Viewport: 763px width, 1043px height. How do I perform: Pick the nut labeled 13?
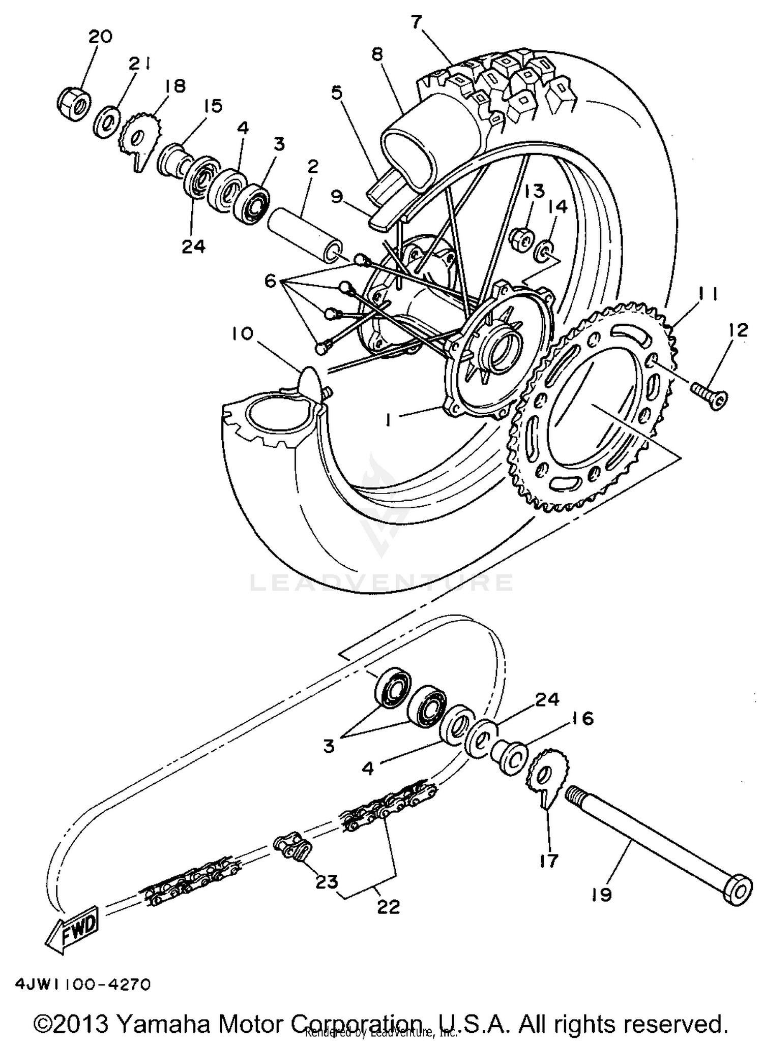(x=522, y=237)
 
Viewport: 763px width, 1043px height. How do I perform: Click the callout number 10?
(x=242, y=334)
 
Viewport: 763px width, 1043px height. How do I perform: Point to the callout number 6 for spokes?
(x=270, y=280)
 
